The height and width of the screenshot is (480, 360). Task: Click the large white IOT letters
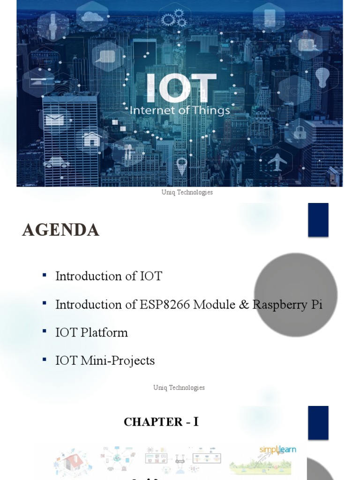(x=182, y=88)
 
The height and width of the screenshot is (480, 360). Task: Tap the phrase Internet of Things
(x=180, y=111)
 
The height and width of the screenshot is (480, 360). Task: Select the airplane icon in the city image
(x=277, y=161)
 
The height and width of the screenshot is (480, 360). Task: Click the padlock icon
(x=299, y=132)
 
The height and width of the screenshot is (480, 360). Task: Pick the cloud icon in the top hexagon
(x=91, y=16)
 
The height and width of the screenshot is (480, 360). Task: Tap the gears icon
(x=173, y=19)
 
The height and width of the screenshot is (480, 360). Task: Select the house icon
(x=92, y=139)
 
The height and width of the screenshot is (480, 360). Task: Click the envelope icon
(x=55, y=119)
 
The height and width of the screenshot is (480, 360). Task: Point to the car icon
(x=56, y=162)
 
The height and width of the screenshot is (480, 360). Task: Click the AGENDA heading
(x=60, y=230)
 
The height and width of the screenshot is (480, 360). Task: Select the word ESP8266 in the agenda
(x=165, y=304)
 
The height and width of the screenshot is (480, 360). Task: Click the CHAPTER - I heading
(x=161, y=422)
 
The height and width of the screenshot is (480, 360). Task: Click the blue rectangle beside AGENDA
(x=318, y=220)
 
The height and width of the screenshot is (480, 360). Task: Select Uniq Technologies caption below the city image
(x=187, y=192)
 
